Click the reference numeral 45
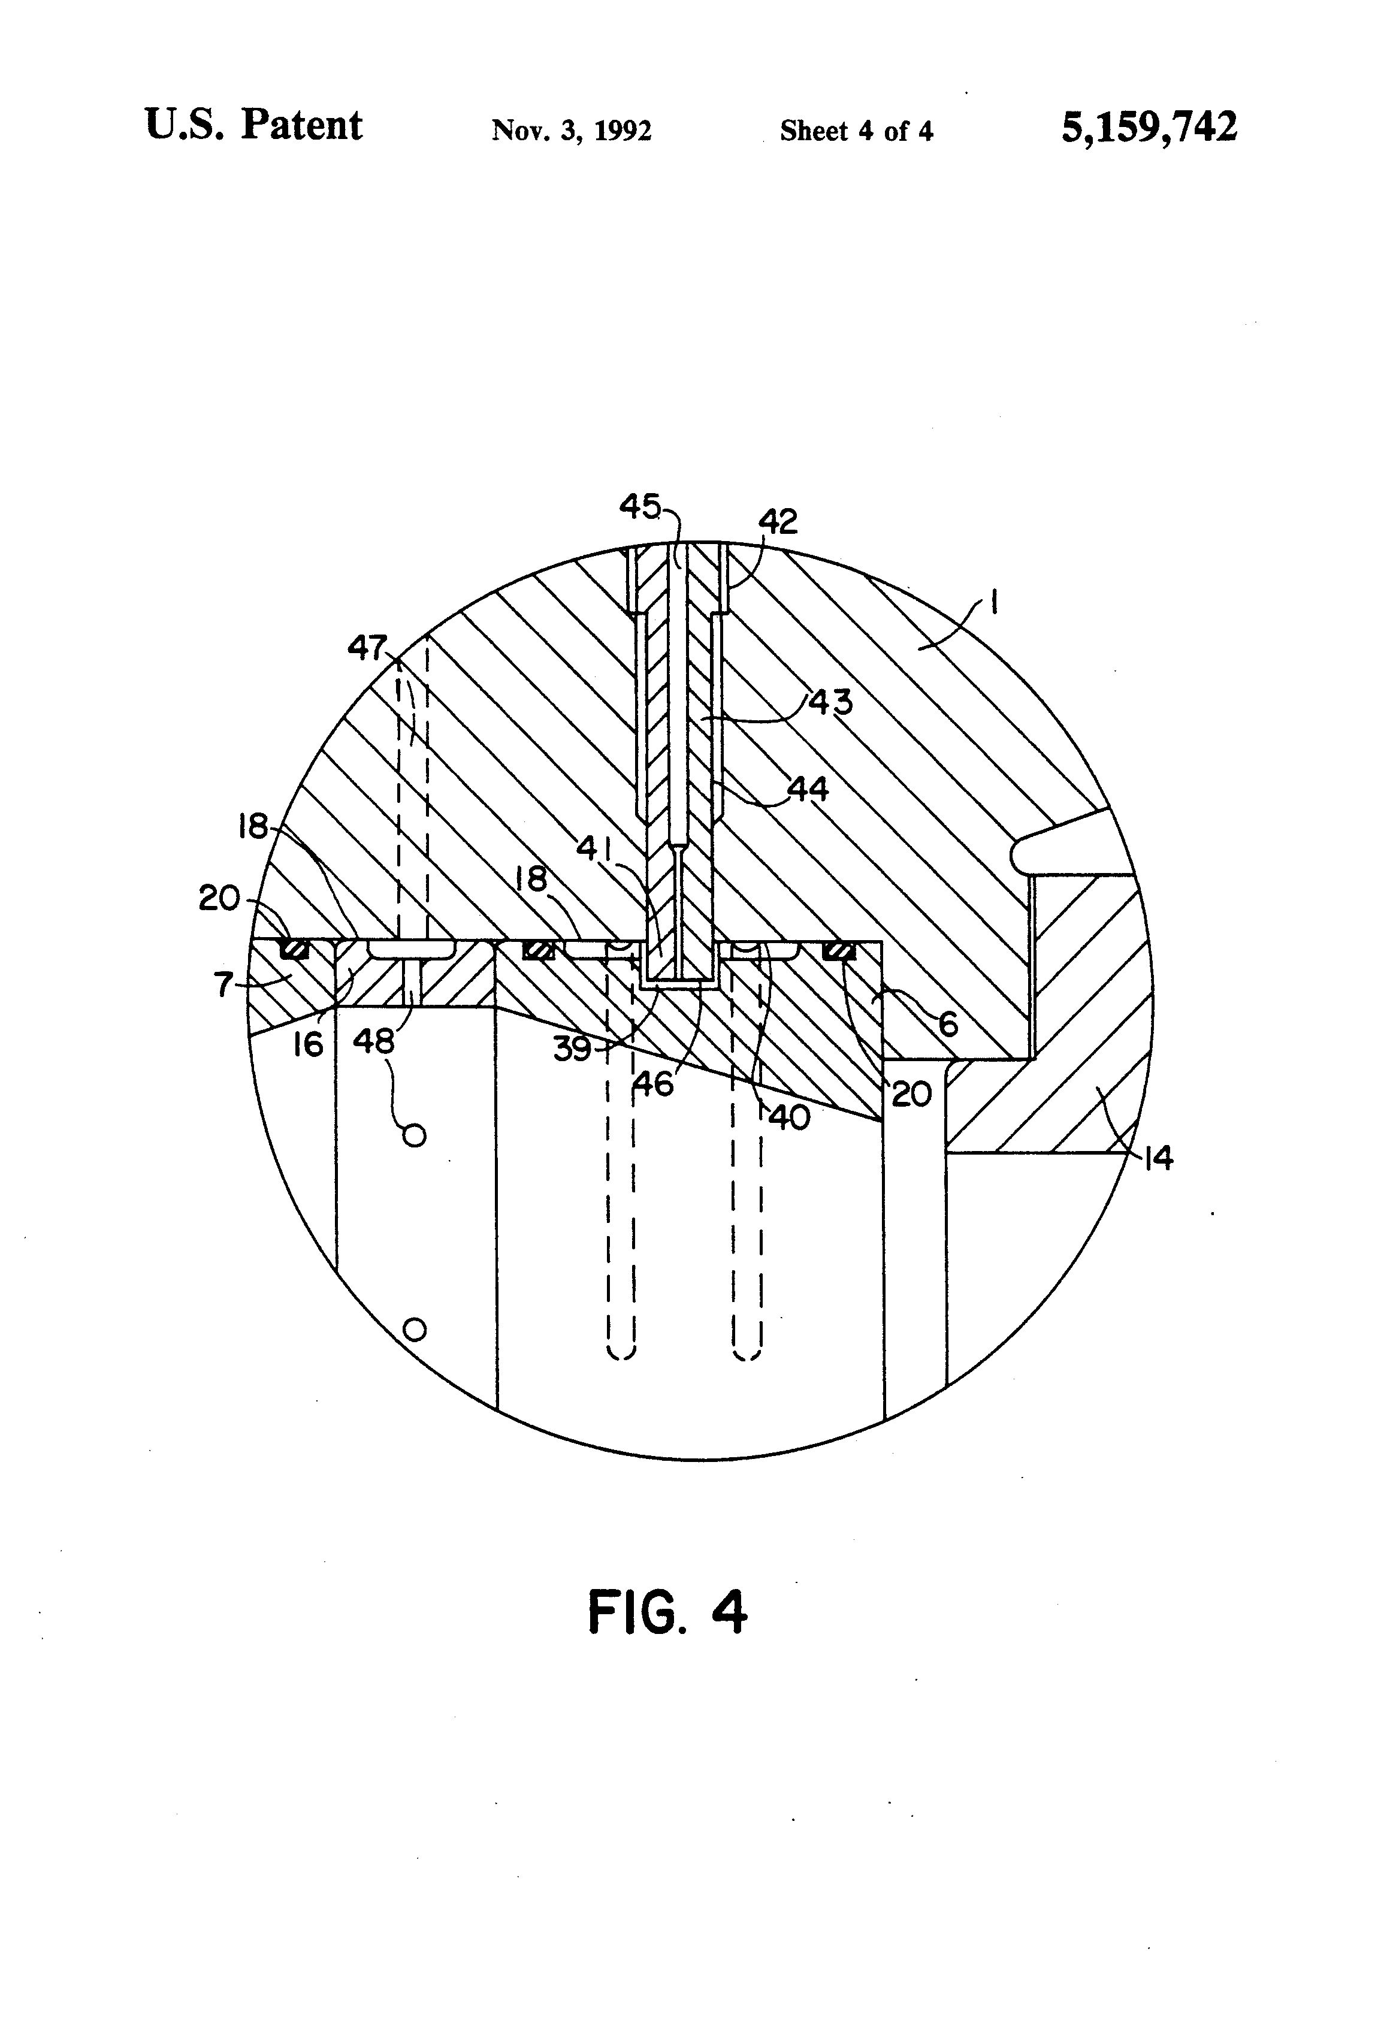click(640, 506)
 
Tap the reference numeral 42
click(778, 522)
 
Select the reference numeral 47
click(367, 648)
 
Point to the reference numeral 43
click(830, 702)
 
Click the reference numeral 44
click(808, 789)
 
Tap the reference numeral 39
click(572, 1049)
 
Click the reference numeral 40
click(789, 1117)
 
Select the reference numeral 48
click(373, 1042)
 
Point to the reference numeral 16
click(309, 1045)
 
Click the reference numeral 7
click(224, 985)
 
